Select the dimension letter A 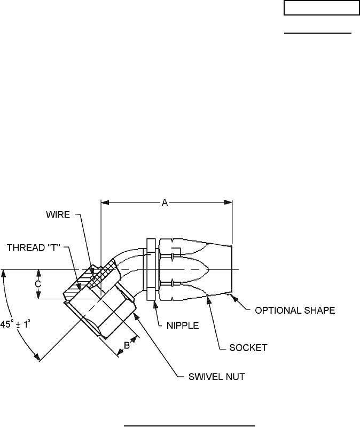[166, 202]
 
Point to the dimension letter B [127, 345]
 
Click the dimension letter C [38, 284]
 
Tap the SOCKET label [248, 347]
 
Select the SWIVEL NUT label [217, 377]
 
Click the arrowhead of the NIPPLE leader [155, 302]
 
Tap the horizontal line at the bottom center [190, 411]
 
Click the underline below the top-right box [317, 33]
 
